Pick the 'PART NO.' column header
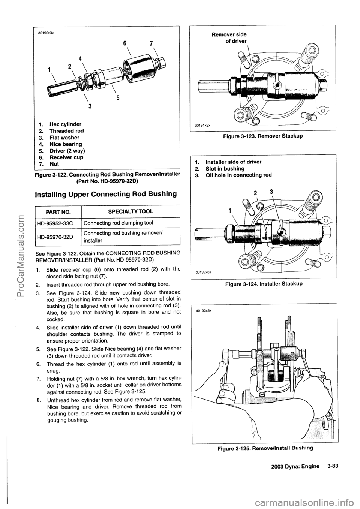coord(59,212)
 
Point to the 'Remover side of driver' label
coord(230,37)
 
